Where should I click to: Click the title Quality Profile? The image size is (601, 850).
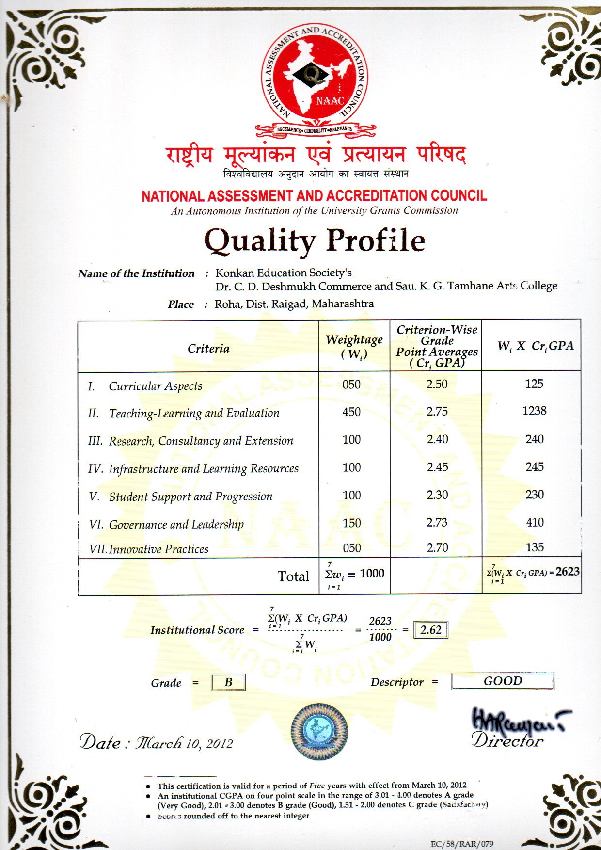pyautogui.click(x=315, y=241)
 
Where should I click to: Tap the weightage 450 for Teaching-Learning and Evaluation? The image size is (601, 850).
pyautogui.click(x=351, y=412)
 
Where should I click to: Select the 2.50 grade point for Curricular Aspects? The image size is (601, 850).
pyautogui.click(x=437, y=385)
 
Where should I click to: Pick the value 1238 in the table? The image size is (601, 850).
pyautogui.click(x=534, y=411)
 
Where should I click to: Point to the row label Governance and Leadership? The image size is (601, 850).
pyautogui.click(x=176, y=525)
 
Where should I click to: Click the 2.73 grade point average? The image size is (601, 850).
pyautogui.click(x=437, y=523)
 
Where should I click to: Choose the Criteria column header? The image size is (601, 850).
pyautogui.click(x=208, y=349)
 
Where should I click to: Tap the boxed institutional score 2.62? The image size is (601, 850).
pyautogui.click(x=430, y=630)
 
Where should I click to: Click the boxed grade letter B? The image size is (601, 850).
pyautogui.click(x=228, y=683)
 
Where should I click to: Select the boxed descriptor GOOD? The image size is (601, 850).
pyautogui.click(x=502, y=681)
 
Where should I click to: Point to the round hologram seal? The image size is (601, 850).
pyautogui.click(x=319, y=731)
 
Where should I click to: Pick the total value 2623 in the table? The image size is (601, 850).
pyautogui.click(x=568, y=572)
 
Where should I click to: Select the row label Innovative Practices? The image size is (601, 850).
pyautogui.click(x=158, y=549)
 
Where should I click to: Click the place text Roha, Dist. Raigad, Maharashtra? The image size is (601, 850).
pyautogui.click(x=294, y=304)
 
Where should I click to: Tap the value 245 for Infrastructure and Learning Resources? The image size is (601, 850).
pyautogui.click(x=534, y=467)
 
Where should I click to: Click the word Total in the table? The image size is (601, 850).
pyautogui.click(x=293, y=577)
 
